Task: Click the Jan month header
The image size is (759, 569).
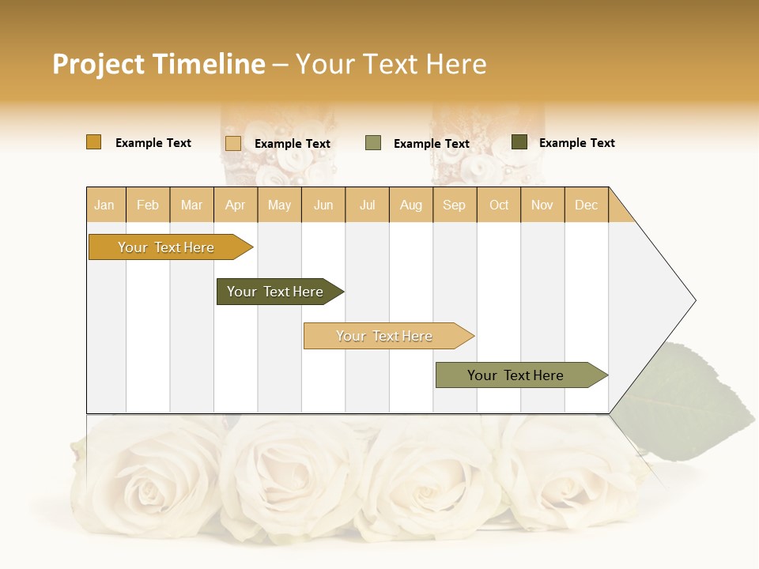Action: point(104,205)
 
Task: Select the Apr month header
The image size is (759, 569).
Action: point(235,205)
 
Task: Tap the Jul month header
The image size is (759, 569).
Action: point(367,205)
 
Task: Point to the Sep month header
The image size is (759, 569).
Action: point(454,205)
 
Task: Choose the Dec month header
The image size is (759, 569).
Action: point(586,205)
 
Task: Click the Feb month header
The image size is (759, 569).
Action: point(148,205)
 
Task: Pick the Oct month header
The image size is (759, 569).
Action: point(499,205)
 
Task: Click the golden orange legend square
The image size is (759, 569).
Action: point(93,142)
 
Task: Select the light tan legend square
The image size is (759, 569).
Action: point(232,143)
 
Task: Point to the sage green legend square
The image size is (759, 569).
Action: point(373,143)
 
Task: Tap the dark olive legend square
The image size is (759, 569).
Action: point(519,142)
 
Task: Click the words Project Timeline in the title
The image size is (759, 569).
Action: point(159,64)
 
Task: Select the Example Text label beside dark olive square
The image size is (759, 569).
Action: point(576,143)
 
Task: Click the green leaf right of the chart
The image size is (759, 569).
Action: point(696,403)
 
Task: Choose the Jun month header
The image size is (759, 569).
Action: point(323,205)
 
